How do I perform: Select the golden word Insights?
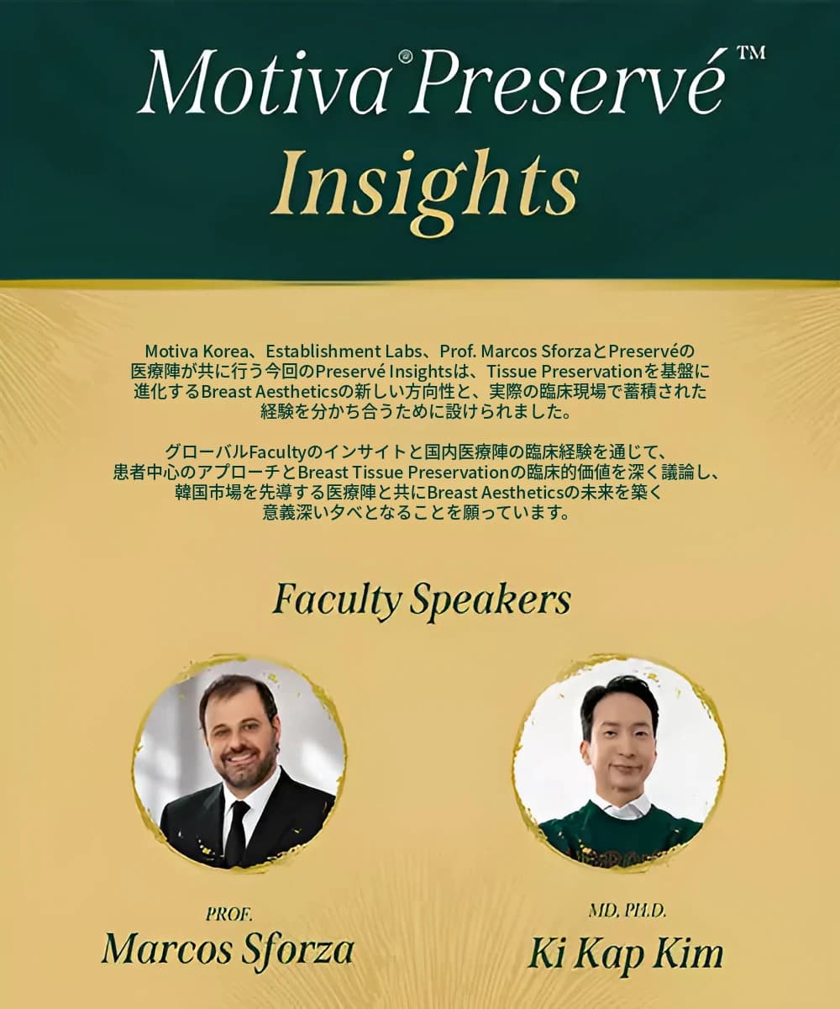(x=425, y=185)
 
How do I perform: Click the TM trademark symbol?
(x=752, y=52)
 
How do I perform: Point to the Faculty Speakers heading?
(x=422, y=600)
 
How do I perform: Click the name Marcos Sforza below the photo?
(x=227, y=948)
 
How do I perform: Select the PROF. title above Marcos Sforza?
(x=228, y=914)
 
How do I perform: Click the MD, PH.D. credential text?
(x=627, y=911)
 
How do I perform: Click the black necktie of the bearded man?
(x=238, y=832)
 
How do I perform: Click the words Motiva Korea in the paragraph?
(x=196, y=351)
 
